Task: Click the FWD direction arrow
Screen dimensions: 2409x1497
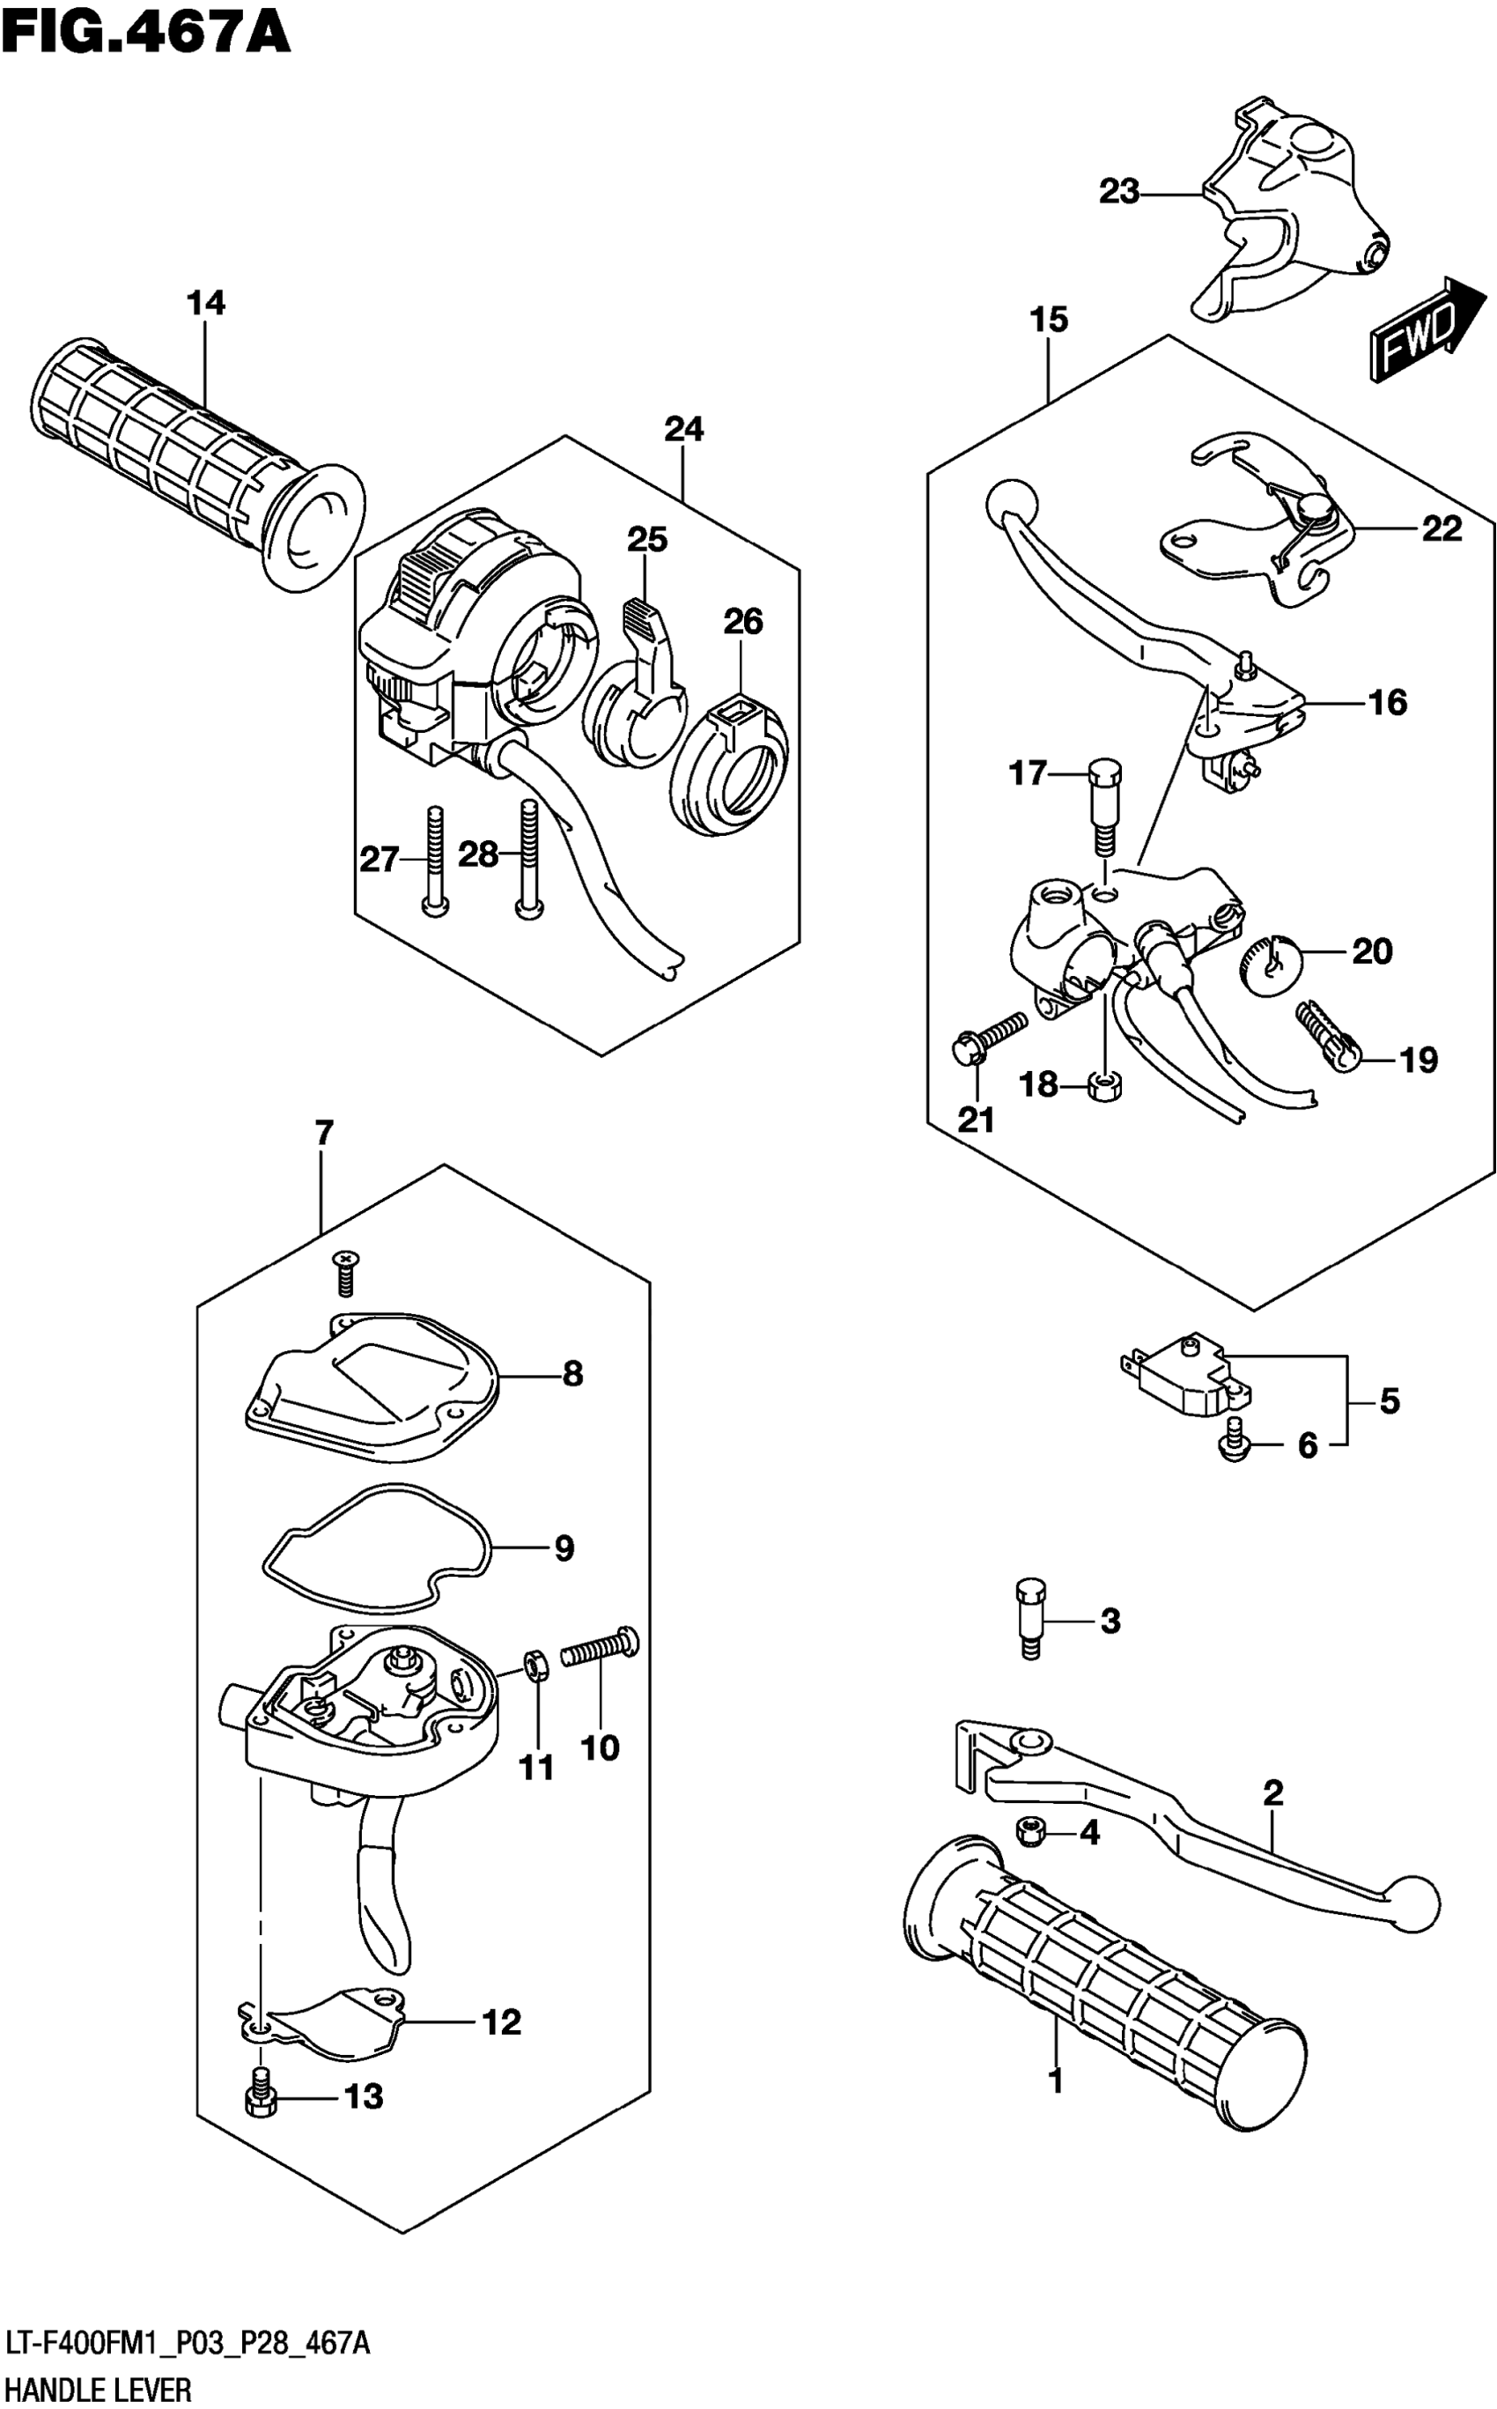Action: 1427,329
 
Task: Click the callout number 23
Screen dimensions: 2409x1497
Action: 1119,191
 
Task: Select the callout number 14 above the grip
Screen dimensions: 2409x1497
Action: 206,303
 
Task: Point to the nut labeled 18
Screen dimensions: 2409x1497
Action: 1104,1084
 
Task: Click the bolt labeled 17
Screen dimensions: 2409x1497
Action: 1105,805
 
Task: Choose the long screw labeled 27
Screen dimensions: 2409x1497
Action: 433,861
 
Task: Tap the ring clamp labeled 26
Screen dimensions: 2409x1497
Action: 733,765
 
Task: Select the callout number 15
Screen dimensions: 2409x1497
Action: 1049,320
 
